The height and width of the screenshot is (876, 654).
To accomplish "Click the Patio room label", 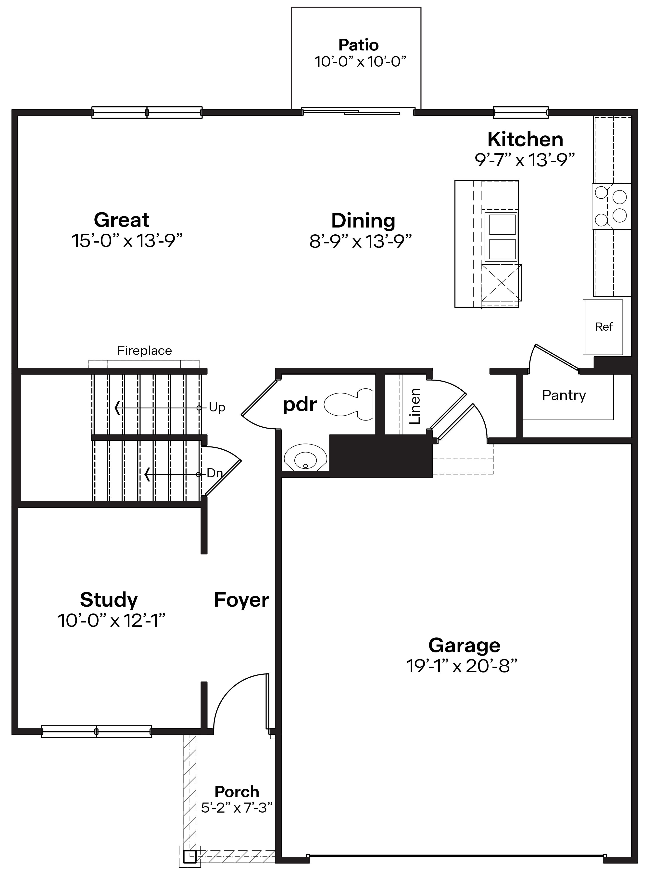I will click(x=358, y=45).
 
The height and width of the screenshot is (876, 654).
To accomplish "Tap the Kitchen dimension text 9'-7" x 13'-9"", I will click(x=525, y=160).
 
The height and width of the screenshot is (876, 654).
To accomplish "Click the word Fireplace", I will click(x=144, y=351).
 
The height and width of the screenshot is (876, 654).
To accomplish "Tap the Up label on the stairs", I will click(x=217, y=407).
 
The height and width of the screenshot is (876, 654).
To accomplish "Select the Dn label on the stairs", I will click(x=214, y=473).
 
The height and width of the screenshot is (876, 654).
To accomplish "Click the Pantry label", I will click(x=564, y=395).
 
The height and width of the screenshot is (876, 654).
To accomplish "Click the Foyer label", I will click(x=241, y=600).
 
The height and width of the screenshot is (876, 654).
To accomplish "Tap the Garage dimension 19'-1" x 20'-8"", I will click(x=462, y=666).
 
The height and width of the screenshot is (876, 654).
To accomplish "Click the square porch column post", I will click(x=190, y=856).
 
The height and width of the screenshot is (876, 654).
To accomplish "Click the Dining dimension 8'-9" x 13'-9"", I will click(x=361, y=241).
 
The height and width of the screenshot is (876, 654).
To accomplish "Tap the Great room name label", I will click(x=122, y=220).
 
